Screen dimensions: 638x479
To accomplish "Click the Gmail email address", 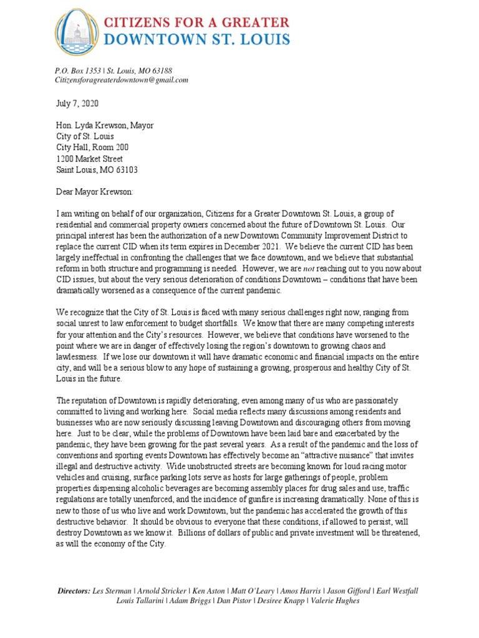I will click(122, 80).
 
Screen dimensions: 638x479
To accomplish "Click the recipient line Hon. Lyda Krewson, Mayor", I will click(105, 126).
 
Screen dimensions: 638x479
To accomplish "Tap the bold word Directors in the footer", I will click(73, 590).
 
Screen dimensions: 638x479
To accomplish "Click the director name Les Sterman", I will click(112, 590).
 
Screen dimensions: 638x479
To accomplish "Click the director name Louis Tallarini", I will click(141, 601).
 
